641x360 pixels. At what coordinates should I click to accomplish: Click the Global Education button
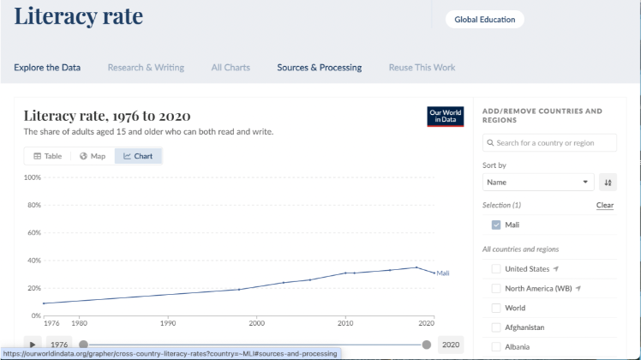[x=483, y=20]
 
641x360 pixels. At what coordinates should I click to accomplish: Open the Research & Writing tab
[x=146, y=68]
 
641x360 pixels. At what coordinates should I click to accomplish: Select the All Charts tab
[x=231, y=68]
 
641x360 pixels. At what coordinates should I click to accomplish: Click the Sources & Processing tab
[x=319, y=68]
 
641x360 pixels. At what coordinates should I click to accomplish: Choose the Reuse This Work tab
[x=422, y=68]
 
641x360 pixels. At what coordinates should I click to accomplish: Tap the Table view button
[x=48, y=156]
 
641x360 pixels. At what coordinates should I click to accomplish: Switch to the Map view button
[x=93, y=156]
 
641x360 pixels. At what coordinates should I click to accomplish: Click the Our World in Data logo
[x=446, y=117]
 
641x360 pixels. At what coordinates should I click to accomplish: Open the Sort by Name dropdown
[x=538, y=182]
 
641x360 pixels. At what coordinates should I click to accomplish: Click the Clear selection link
[x=605, y=206]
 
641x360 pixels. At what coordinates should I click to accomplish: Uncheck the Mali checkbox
[x=496, y=225]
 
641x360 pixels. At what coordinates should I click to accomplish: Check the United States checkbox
[x=496, y=269]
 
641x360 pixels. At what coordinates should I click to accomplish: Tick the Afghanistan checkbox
[x=496, y=327]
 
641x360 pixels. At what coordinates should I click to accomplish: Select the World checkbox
[x=496, y=308]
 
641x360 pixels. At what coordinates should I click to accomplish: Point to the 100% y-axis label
[x=33, y=177]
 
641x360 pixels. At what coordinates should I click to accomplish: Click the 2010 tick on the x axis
[x=344, y=323]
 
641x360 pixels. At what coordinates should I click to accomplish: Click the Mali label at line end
[x=443, y=273]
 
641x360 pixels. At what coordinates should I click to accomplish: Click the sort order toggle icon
[x=608, y=182]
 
